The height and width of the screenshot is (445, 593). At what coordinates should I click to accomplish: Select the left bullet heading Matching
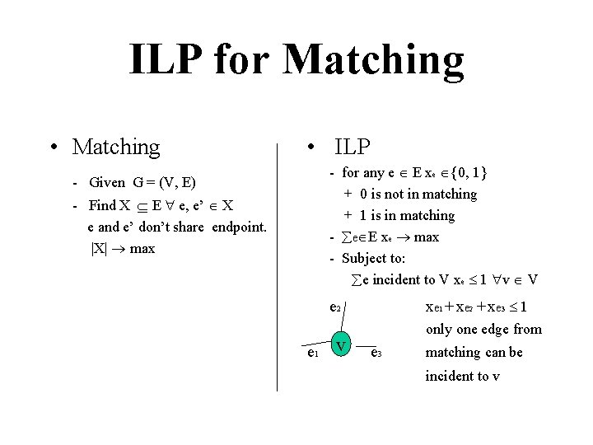point(116,147)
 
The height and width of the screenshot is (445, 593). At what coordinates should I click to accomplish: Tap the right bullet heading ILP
point(352,147)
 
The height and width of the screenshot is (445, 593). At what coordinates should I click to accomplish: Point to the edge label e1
point(311,354)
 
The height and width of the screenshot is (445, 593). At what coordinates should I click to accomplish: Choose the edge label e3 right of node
point(376,354)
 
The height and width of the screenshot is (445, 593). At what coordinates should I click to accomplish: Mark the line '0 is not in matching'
point(418,194)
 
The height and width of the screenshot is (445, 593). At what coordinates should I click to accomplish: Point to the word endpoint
point(239,227)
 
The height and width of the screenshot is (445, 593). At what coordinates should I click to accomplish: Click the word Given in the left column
point(106,182)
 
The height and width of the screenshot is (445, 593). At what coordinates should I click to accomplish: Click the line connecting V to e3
point(359,346)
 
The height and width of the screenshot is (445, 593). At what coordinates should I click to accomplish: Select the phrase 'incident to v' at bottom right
point(462,376)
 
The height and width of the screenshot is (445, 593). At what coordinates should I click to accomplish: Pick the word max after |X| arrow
point(142,248)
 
